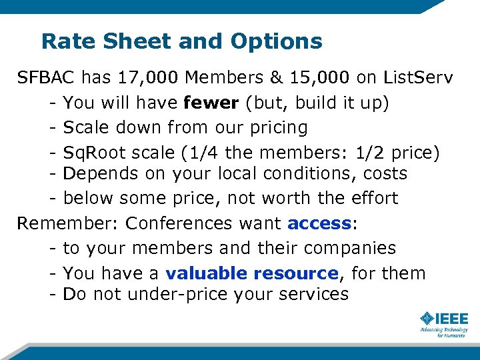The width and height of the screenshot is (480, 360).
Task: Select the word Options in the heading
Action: (277, 41)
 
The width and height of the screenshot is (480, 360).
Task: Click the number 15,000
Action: (318, 77)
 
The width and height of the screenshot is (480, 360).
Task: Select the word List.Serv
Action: (418, 77)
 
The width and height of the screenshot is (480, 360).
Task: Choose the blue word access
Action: (319, 223)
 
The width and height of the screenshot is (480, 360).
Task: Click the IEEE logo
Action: (444, 319)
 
